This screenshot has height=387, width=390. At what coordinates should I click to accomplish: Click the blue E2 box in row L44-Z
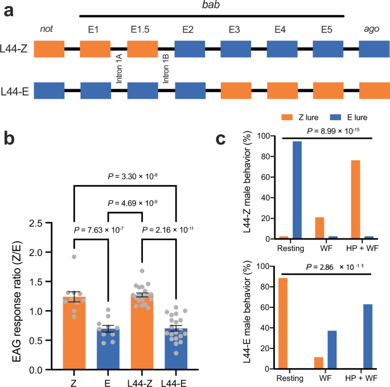click(x=189, y=49)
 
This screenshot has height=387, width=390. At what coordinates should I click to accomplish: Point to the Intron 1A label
click(x=119, y=69)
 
